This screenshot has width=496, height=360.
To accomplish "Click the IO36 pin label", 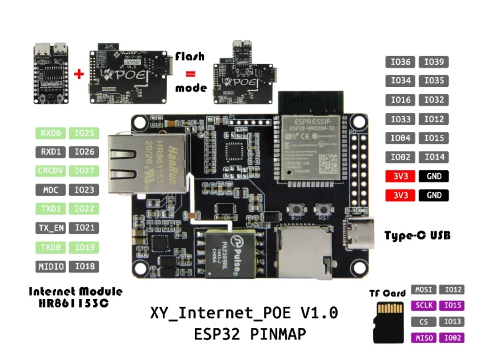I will [401, 62].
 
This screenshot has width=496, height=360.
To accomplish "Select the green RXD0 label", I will [51, 133].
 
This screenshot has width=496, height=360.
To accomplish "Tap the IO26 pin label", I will [84, 152].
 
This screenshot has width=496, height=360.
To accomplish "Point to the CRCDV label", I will [51, 171].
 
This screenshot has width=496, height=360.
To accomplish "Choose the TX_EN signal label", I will [51, 228].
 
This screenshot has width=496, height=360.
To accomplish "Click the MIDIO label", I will [51, 266].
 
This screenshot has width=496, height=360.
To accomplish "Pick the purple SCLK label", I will [424, 306].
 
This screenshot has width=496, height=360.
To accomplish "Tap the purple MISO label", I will [424, 338].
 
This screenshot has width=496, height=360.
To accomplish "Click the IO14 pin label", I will [434, 157].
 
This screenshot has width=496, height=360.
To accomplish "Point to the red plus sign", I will [79, 74].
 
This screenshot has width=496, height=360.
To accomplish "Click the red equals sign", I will [190, 74].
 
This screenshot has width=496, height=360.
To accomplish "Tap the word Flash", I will [190, 57].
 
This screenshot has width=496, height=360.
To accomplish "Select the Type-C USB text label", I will [418, 235].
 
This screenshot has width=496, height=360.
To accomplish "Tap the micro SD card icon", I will [389, 322].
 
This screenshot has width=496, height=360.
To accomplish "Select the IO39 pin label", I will [434, 62].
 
